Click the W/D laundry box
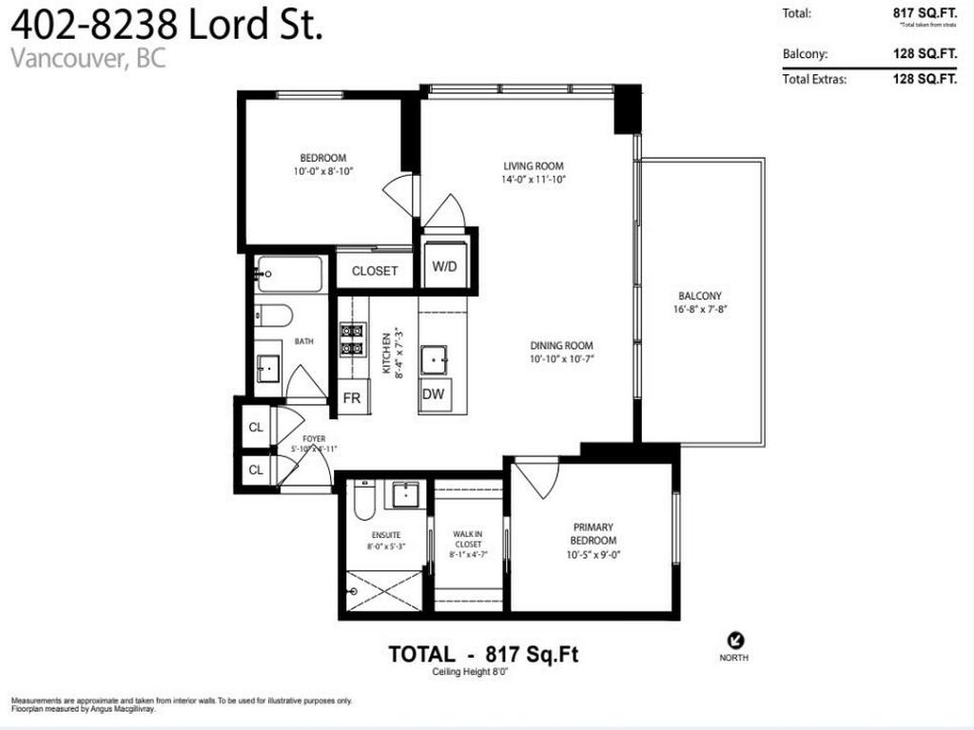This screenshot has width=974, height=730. point(444,267)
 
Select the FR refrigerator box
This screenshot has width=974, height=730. point(351,398)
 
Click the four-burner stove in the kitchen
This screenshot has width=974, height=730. point(354,339)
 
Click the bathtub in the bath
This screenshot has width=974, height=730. point(290,276)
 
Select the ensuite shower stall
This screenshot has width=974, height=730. point(382,590)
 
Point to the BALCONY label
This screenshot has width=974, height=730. point(700,296)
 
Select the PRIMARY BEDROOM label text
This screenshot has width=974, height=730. point(593,533)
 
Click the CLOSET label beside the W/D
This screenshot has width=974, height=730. point(375,271)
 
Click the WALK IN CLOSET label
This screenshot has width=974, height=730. point(466,541)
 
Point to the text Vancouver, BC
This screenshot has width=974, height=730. point(88,58)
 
